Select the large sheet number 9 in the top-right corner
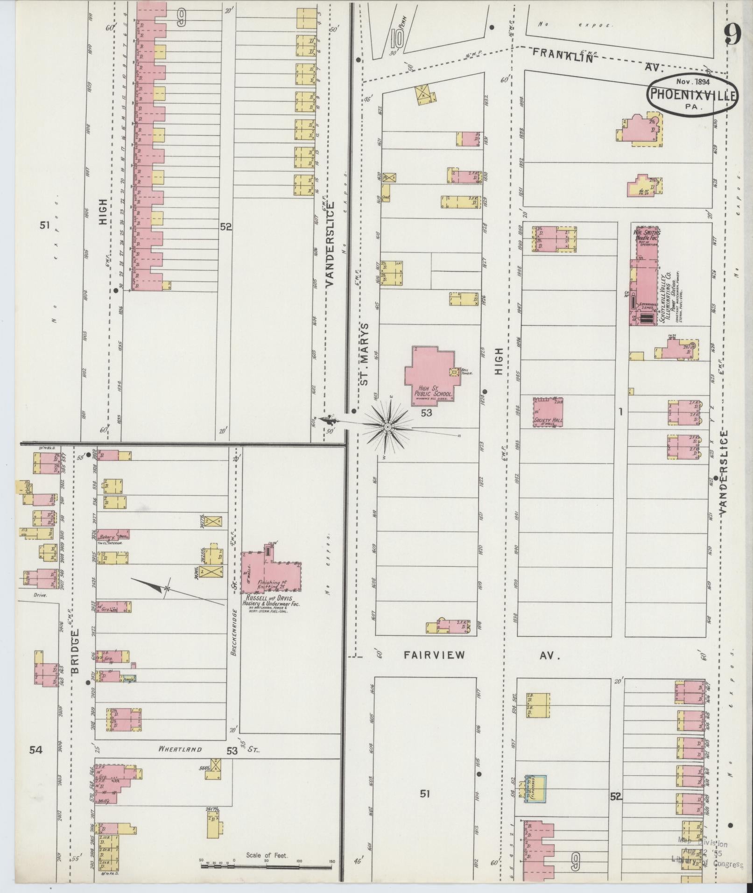click(x=733, y=33)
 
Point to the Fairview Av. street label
click(x=481, y=655)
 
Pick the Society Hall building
click(x=548, y=412)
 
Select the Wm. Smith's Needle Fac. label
click(x=646, y=234)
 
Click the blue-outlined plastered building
click(x=536, y=788)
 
